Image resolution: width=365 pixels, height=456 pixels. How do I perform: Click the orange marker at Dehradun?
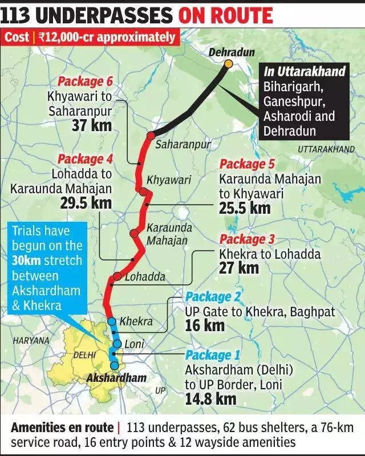[228, 63]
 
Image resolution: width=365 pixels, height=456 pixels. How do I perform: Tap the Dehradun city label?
[231, 52]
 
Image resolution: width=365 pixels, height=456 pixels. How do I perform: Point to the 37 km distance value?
[92, 124]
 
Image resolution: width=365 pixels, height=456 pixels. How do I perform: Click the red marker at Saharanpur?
[151, 136]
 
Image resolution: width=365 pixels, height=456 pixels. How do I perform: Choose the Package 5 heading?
[251, 164]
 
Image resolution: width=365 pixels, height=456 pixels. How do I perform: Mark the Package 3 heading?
[250, 239]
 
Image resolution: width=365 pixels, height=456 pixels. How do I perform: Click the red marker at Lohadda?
[117, 276]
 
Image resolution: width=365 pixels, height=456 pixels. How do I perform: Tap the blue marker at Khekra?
[112, 321]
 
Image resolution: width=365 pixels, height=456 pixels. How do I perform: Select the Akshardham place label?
[116, 377]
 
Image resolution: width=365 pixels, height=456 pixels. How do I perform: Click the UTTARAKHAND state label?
[326, 149]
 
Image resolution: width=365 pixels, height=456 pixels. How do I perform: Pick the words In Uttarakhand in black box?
[304, 72]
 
